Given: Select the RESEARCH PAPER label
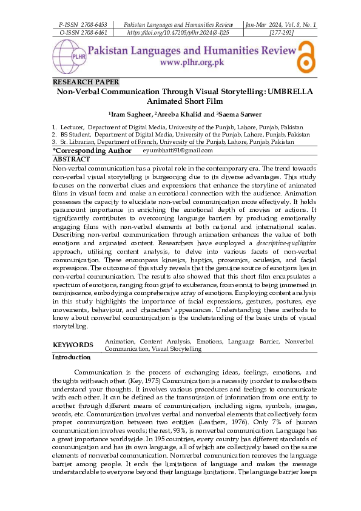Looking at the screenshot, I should [86, 82].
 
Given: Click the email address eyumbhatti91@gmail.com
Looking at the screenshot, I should [178, 151].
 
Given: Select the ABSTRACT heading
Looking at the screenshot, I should [72, 159].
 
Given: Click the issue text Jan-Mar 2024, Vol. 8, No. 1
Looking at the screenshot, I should [280, 24].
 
